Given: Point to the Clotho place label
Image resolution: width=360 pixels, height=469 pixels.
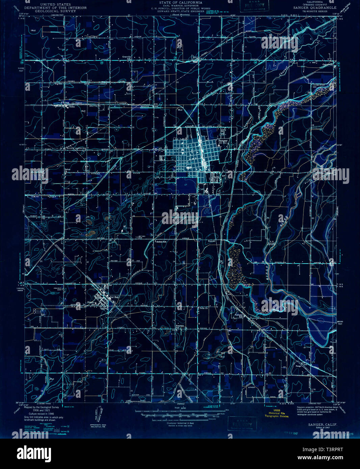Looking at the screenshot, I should click(x=71, y=107).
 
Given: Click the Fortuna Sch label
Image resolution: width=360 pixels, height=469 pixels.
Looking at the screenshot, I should click(x=239, y=316).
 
